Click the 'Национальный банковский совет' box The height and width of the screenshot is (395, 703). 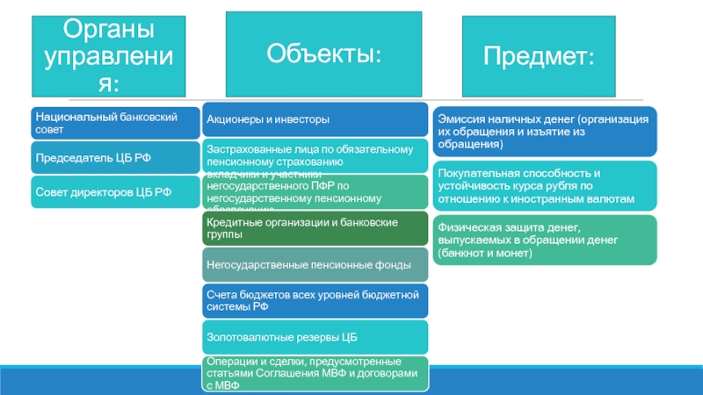coord(115,122)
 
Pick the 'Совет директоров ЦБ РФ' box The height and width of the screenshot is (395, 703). coord(115,190)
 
